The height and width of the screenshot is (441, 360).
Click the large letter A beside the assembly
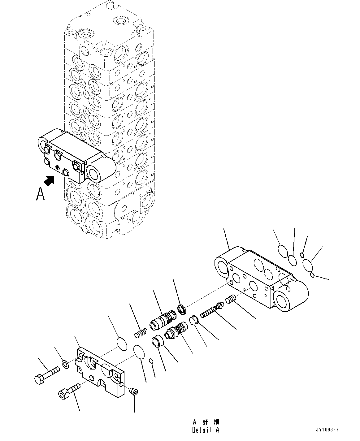[x=40, y=194]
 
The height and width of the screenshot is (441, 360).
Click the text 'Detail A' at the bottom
[x=206, y=430]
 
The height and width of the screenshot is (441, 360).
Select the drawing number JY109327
[x=327, y=430]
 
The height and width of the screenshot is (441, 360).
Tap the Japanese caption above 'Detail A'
[x=206, y=422]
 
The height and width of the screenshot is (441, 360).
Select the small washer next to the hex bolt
[x=65, y=364]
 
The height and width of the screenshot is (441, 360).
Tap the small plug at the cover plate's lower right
[x=133, y=391]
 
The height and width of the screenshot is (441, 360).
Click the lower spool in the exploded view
[x=175, y=331]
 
